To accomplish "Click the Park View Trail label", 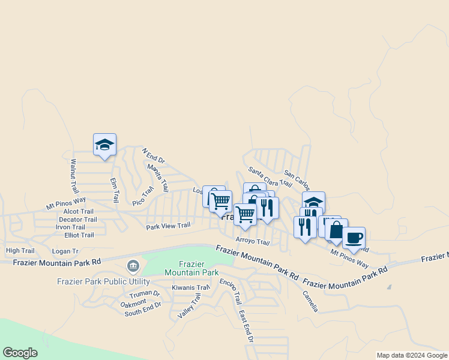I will pos(168,226).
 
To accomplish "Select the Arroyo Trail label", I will pos(253,241).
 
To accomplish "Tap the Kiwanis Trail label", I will pos(190,287).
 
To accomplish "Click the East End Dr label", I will pos(246,326).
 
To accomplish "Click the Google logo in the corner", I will pos(20,353).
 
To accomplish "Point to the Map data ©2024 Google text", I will pos(412,355).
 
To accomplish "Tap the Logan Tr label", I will pos(65,251).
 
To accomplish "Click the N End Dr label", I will pos(153,156).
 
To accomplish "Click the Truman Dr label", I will pos(145,294).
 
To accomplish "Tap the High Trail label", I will pos(20,250).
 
